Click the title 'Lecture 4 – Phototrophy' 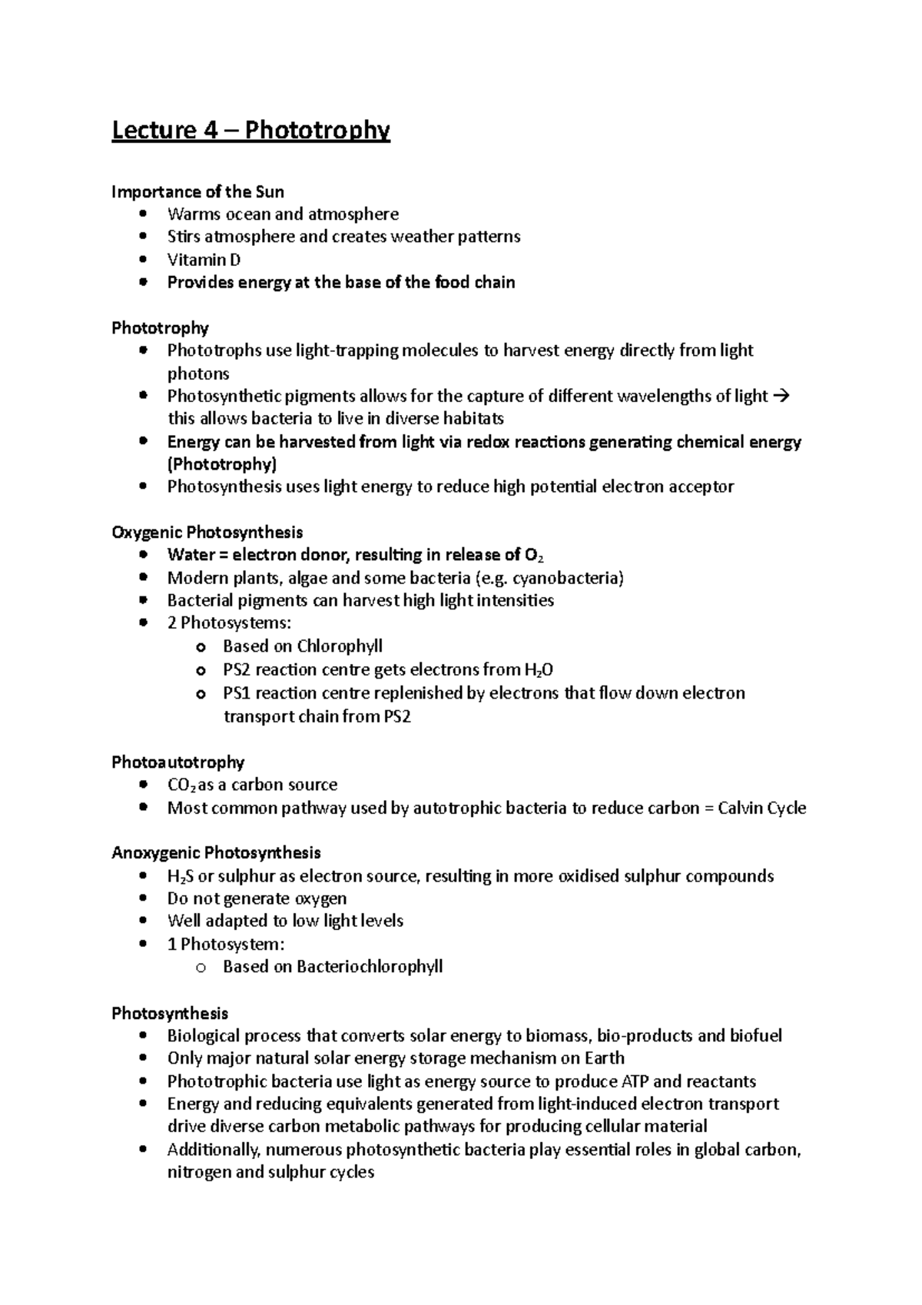tap(250, 131)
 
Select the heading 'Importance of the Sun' tap(197, 191)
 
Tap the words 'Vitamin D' tap(204, 260)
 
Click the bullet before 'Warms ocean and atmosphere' tap(143, 214)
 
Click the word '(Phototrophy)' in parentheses tap(222, 464)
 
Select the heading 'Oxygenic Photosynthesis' tap(207, 533)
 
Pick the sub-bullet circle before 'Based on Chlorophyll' tap(201, 647)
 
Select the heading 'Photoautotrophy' tap(177, 762)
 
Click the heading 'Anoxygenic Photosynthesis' tap(216, 853)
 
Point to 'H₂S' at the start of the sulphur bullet tap(181, 877)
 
